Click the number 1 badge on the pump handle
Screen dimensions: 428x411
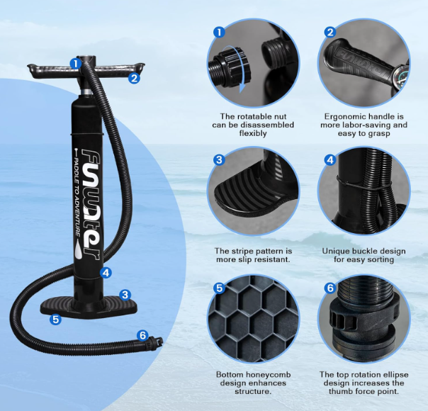75,64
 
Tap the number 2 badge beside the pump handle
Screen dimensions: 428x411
134,78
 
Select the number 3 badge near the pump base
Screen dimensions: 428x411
125,295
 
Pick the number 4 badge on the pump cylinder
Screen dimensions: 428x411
106,272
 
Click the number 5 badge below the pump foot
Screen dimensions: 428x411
56,319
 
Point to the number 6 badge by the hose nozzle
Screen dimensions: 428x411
143,335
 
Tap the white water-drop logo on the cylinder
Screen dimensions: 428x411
79,249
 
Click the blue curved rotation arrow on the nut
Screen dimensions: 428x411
235,69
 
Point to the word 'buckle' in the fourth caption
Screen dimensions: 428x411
366,251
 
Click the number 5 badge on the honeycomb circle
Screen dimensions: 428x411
219,288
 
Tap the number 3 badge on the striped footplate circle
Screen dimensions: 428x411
219,159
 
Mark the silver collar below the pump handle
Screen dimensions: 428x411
87,92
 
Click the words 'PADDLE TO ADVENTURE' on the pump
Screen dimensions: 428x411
77,192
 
